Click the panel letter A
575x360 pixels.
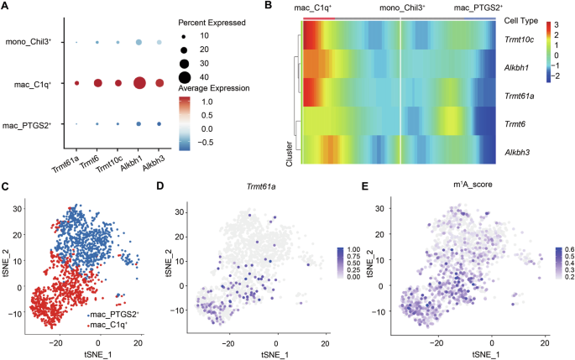tap(6, 8)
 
